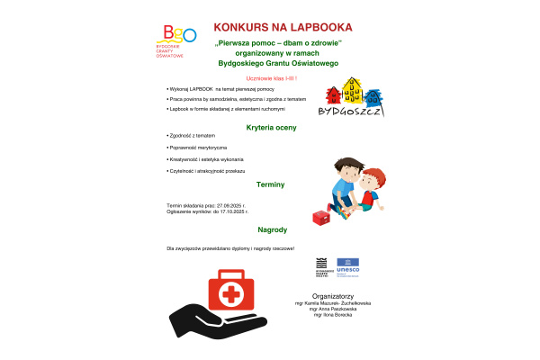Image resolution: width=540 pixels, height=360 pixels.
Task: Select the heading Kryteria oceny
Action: pos(271,128)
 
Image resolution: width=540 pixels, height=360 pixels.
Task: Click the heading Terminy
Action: pos(271,184)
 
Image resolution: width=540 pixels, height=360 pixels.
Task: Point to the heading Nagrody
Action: pos(271,229)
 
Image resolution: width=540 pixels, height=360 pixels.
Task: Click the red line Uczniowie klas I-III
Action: pos(271,80)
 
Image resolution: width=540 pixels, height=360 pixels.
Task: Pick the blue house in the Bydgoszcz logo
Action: pos(371,94)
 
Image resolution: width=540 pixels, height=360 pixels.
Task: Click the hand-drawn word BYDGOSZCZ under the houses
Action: pos(353,112)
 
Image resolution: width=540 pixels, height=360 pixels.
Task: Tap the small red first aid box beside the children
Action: pos(319,219)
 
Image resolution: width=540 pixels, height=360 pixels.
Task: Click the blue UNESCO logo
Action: pos(347,267)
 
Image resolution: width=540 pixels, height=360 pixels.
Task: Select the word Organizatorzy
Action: pos(332,296)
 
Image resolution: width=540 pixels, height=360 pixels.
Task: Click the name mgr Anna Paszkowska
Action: pos(332,310)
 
